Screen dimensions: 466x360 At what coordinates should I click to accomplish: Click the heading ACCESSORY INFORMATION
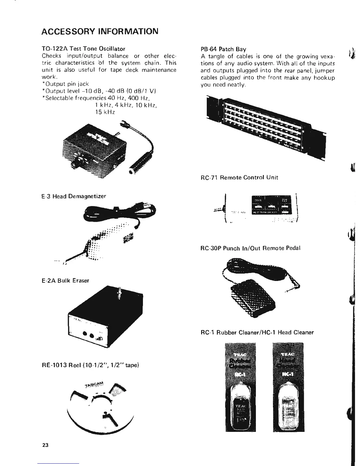click(100, 31)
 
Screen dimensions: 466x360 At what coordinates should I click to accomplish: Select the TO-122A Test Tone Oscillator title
click(84, 49)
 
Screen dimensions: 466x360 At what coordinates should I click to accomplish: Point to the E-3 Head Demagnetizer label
click(74, 196)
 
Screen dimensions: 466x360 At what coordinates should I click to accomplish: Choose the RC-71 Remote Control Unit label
click(239, 177)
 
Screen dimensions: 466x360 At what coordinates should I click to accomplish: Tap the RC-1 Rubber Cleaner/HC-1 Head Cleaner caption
click(257, 332)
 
